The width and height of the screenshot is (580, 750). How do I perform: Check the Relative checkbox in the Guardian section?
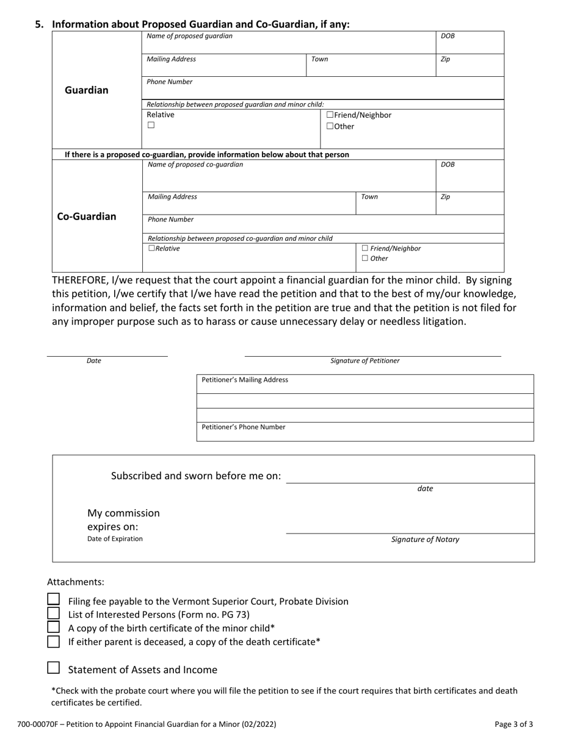tap(151, 126)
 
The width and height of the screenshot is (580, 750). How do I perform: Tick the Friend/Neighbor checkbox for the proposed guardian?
tap(330, 115)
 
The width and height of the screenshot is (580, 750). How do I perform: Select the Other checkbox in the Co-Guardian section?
tap(365, 259)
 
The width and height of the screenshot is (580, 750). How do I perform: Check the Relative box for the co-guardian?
tap(151, 249)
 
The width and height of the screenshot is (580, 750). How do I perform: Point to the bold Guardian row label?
tap(87, 90)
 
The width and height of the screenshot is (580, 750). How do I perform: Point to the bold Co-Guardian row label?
tap(86, 216)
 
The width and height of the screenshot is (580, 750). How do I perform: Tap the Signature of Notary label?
tap(425, 540)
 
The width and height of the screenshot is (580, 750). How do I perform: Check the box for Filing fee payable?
tap(54, 600)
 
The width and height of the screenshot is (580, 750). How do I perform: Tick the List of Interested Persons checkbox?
tap(54, 613)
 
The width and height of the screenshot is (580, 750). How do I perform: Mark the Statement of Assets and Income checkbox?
tap(54, 668)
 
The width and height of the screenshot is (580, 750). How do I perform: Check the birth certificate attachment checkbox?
tap(54, 627)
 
